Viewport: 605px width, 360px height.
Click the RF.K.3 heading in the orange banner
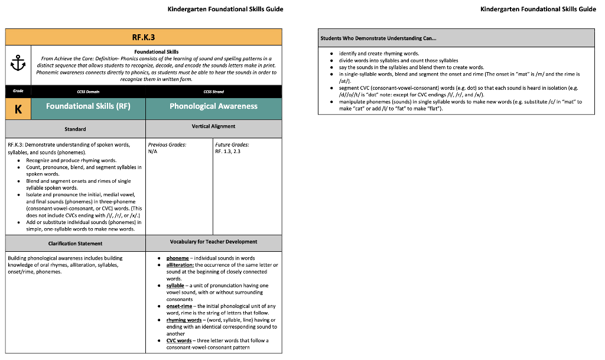pos(144,37)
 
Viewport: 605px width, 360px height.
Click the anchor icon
pos(18,64)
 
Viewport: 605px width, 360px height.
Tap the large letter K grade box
pos(18,109)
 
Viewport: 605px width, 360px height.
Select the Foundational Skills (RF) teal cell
pos(88,106)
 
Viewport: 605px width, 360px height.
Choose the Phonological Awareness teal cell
pos(213,106)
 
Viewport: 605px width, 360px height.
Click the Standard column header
pos(75,129)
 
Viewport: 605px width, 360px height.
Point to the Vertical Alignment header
pos(213,127)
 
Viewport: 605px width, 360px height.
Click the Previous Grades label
pos(167,144)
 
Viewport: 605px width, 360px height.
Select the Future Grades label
pos(232,144)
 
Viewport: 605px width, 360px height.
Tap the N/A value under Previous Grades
pos(153,151)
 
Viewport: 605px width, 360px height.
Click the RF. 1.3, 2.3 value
pos(228,151)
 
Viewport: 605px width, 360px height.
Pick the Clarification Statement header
pos(75,244)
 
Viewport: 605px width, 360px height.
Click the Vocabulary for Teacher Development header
pos(213,242)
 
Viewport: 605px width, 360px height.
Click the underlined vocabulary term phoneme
pos(177,258)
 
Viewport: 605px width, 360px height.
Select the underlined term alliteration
pos(180,265)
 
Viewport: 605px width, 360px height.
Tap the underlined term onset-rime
pos(179,306)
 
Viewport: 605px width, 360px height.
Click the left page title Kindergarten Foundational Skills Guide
pos(225,9)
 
